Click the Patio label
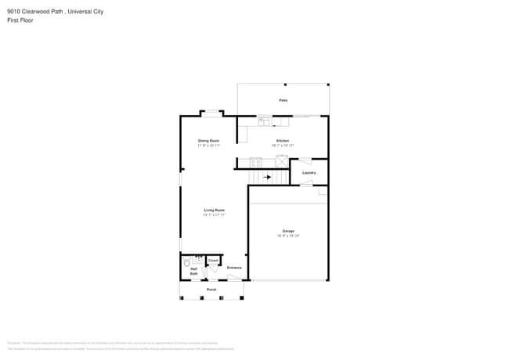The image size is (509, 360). click(283, 101)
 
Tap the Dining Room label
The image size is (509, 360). click(208, 141)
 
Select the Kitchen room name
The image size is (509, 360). click(283, 141)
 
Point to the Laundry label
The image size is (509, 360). click(309, 172)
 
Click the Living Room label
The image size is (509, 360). click(215, 210)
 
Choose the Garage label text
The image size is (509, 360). click(288, 231)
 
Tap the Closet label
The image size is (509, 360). click(213, 261)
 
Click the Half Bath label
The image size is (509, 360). click(193, 271)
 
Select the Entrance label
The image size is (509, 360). click(234, 268)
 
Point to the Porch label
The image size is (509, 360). click(211, 290)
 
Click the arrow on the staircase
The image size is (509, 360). click(267, 178)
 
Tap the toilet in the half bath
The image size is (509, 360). click(187, 263)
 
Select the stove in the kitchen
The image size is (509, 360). click(255, 162)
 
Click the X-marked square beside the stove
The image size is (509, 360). click(282, 161)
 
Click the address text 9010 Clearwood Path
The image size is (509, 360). click(33, 12)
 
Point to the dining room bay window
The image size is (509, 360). click(211, 113)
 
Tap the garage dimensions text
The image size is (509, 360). click(288, 236)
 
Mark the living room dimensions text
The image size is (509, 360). click(215, 214)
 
